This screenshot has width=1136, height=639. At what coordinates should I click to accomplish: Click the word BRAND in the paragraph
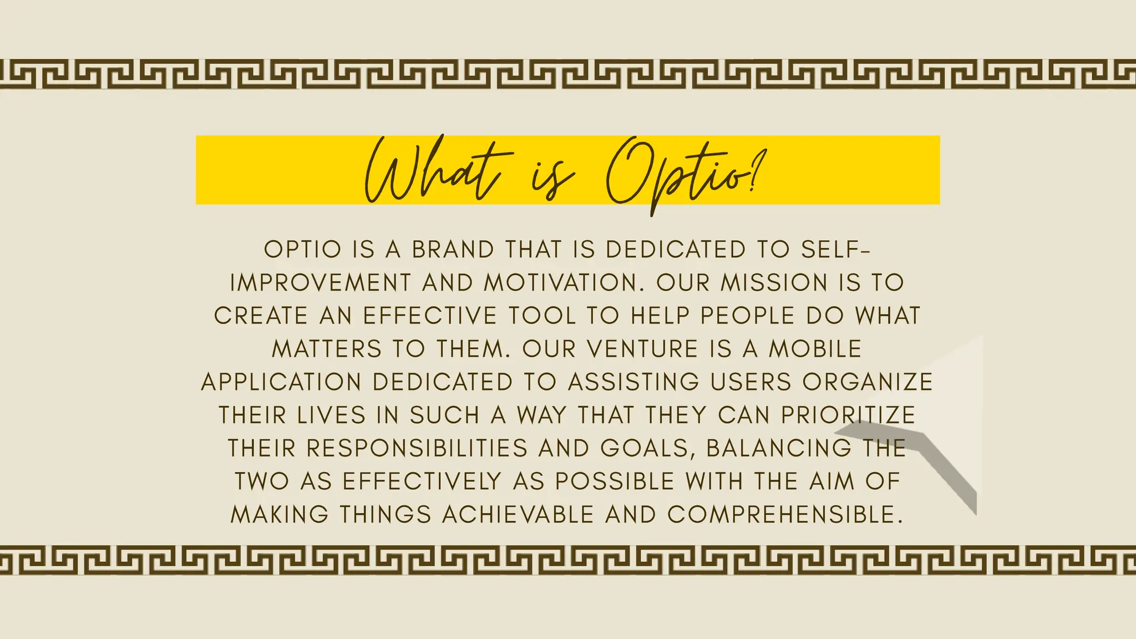click(x=453, y=250)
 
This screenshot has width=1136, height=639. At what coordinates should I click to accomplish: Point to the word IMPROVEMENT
click(x=321, y=283)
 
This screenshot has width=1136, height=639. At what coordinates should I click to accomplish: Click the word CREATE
click(x=261, y=316)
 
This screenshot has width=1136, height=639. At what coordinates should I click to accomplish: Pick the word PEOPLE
click(x=748, y=316)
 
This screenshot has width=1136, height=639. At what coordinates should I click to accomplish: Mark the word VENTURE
click(x=642, y=349)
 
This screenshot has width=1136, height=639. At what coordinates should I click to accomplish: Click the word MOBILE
click(x=815, y=349)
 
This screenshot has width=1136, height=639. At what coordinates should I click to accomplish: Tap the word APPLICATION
click(x=281, y=382)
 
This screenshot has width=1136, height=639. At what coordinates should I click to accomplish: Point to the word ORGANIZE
click(x=868, y=382)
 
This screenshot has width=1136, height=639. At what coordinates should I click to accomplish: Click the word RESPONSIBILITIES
click(x=417, y=448)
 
